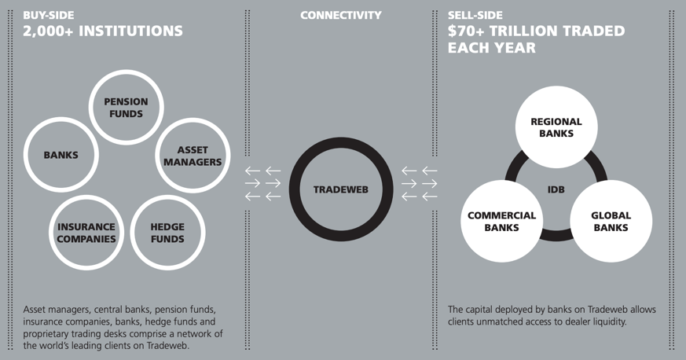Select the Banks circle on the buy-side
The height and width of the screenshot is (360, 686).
(x=61, y=155)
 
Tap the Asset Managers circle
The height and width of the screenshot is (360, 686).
(x=192, y=156)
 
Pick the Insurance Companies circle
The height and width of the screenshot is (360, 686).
(x=86, y=233)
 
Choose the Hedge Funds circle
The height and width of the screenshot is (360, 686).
(x=167, y=233)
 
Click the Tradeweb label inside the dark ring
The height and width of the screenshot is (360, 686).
(x=342, y=189)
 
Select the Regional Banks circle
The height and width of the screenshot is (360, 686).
(x=556, y=127)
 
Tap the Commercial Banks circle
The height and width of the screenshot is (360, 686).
(x=501, y=221)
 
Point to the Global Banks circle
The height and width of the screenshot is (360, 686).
(x=611, y=221)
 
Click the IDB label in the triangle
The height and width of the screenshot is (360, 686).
(x=556, y=189)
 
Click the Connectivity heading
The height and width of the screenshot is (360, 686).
(x=341, y=15)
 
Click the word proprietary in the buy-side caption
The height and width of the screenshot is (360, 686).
(x=52, y=334)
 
